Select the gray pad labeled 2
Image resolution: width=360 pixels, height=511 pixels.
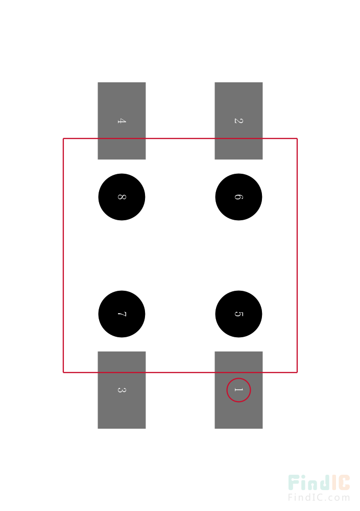[x=238, y=121]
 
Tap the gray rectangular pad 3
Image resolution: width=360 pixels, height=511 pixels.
[x=122, y=390]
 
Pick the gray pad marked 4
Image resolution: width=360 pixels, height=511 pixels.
[x=122, y=121]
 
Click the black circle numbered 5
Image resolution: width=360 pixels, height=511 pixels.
[x=238, y=314]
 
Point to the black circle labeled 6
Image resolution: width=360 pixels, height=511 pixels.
[x=238, y=197]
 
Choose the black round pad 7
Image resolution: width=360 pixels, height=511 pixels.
[x=122, y=314]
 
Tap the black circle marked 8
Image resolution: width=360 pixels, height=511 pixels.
[x=122, y=197]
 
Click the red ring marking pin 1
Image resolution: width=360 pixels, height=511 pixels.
[x=238, y=378]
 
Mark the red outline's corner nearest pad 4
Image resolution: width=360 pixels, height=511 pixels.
[x=63, y=138]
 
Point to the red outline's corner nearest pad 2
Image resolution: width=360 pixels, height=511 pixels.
[x=297, y=138]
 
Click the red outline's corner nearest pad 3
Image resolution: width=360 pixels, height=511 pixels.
[x=63, y=372]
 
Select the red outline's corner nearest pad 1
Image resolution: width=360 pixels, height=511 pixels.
[x=297, y=372]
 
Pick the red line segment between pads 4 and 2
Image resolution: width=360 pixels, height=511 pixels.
[x=180, y=138]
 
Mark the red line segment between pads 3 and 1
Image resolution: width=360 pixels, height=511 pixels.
[x=180, y=372]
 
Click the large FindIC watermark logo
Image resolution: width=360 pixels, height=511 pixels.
[x=319, y=483]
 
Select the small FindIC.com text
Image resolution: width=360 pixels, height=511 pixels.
[x=319, y=497]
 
